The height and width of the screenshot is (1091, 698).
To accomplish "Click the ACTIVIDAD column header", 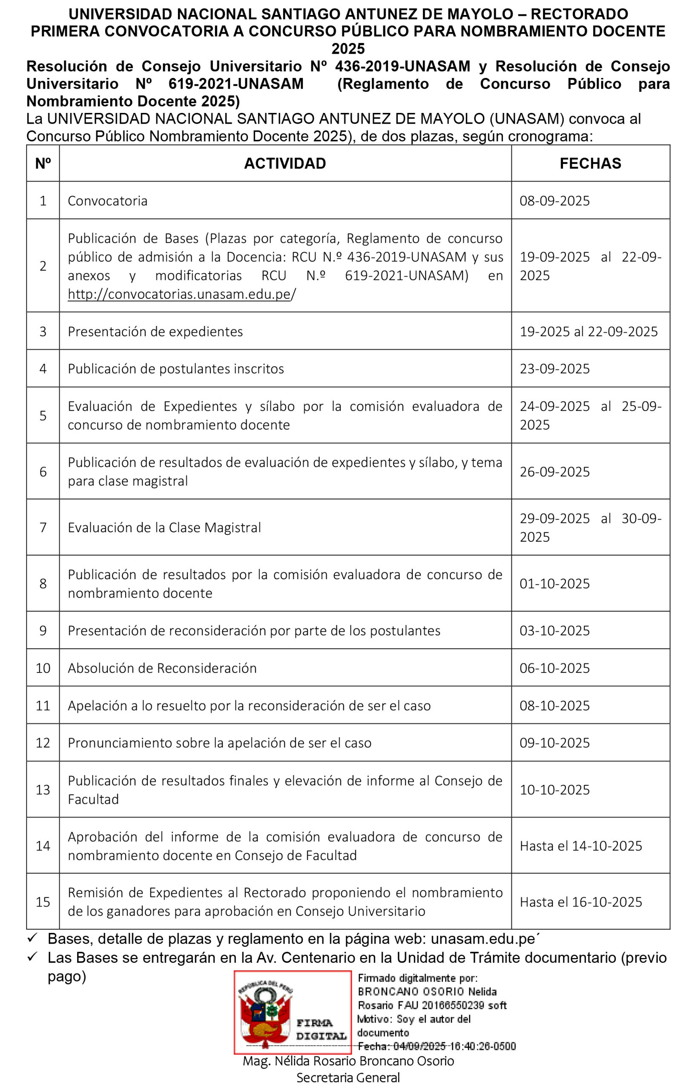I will (284, 163).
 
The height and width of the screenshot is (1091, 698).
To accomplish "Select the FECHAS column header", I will (590, 163).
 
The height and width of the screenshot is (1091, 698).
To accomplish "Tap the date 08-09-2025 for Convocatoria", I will (554, 200).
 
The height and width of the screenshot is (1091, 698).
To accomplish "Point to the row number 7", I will (43, 527).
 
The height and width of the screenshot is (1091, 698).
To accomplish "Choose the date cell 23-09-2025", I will (554, 368).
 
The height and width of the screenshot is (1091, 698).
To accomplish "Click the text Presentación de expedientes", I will (155, 332).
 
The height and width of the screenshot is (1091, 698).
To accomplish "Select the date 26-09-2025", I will (554, 472).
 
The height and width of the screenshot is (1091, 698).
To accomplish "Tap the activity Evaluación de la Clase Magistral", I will (164, 527).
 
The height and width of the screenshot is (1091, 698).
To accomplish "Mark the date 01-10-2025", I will (554, 583).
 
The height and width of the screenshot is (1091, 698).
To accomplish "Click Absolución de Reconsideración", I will (162, 668).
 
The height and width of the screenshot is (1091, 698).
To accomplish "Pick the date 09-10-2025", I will (554, 743).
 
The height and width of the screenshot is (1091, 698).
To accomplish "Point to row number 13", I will (43, 790).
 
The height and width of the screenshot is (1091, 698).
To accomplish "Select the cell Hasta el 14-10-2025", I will (580, 846).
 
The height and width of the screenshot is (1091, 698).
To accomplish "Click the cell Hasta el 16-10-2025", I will (580, 902).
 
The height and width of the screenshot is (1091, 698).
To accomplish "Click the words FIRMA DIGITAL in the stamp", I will (321, 1030).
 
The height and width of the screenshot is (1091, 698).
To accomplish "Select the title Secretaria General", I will (348, 1078).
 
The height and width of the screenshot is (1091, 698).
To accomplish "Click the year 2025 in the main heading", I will (348, 49).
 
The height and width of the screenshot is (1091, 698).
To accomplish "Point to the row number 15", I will (43, 902).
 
